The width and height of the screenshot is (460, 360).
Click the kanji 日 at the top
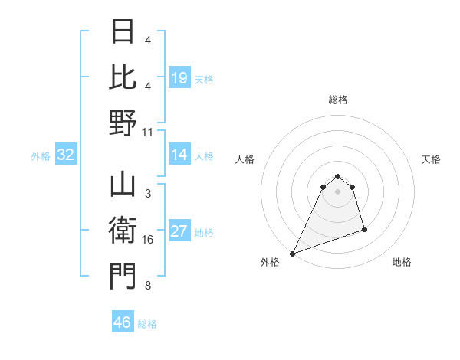[x=123, y=33]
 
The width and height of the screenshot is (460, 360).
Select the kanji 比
[x=123, y=77]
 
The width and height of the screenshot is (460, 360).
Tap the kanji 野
[x=123, y=123]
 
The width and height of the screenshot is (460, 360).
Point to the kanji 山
[x=123, y=186]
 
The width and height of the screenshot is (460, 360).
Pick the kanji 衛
[x=123, y=231]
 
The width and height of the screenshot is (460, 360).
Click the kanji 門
[x=123, y=277]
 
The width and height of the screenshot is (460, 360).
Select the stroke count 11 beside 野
[x=148, y=132]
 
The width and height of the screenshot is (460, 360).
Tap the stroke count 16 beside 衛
[x=148, y=240]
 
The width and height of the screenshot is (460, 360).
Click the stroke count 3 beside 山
[x=147, y=194]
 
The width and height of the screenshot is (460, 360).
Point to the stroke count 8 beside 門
[x=147, y=286]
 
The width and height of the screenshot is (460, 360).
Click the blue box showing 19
[x=179, y=77]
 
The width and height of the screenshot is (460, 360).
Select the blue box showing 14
[x=179, y=155]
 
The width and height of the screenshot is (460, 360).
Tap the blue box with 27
[x=179, y=232]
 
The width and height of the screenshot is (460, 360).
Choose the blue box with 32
[x=65, y=155]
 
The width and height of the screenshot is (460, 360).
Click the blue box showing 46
[x=123, y=322]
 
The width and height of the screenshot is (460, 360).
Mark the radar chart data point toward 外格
[x=292, y=254]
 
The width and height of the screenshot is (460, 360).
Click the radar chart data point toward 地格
[x=364, y=229]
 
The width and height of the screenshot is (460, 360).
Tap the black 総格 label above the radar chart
[x=337, y=100]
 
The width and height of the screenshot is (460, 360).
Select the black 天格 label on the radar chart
[x=431, y=159]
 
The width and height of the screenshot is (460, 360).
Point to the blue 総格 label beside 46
[x=147, y=324]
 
